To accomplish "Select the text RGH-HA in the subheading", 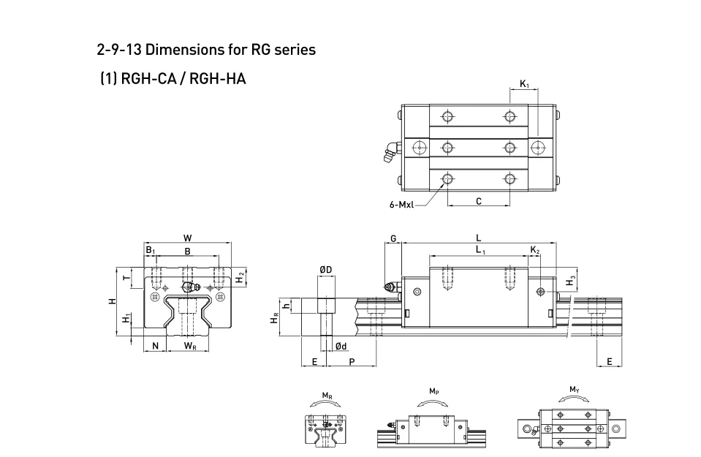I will click(217, 78).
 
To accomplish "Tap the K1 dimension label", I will click(524, 85).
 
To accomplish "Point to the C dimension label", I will click(478, 201).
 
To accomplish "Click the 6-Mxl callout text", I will click(401, 205).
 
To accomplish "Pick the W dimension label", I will click(188, 238).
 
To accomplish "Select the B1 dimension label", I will click(150, 250).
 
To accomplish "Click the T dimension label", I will click(127, 278).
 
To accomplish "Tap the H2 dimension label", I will click(240, 278).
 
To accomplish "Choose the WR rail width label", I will click(189, 346).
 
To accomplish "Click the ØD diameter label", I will click(325, 270).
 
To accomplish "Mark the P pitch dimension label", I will click(352, 362).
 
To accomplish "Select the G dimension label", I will click(393, 238).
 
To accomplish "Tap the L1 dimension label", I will click(480, 250).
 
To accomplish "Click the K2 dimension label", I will click(535, 250).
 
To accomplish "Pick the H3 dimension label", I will click(571, 281).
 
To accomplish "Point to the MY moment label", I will click(575, 389).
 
